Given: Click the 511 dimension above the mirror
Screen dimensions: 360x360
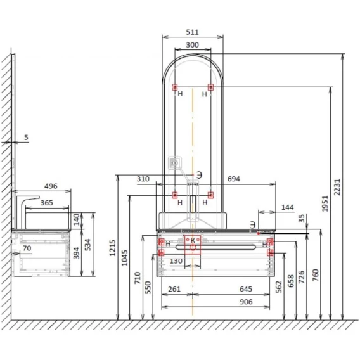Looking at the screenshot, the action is point(193,32).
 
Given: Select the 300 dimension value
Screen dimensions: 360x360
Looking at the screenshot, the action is point(193,45).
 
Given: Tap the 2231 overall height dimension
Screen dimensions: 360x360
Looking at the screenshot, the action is point(337,187).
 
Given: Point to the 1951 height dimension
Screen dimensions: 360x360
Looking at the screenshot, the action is point(325,203).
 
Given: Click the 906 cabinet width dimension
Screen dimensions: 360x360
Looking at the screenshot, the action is point(246,302).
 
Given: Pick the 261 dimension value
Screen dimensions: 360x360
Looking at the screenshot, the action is point(174,289).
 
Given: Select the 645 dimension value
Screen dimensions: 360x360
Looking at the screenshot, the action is point(246,289).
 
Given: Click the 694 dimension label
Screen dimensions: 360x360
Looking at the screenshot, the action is point(234,179).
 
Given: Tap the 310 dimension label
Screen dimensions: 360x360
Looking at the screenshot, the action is point(143,179).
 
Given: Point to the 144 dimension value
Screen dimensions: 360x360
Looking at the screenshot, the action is point(288,207).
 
